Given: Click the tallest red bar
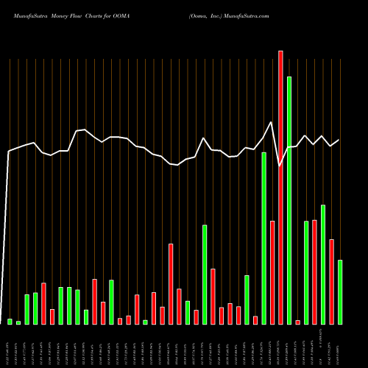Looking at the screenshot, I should pos(280,188).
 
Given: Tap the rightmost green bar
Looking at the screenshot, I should pos(340,291).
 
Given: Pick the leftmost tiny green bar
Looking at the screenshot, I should pos(10,321).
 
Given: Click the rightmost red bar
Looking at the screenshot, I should pos(331,281).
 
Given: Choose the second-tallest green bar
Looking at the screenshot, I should pos(263,238).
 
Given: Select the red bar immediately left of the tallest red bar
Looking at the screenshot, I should pos(272,272).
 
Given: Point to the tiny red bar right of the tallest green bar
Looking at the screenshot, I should pos(297,322).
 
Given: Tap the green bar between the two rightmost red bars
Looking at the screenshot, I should pos(323,264).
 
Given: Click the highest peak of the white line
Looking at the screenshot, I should pos(272,122).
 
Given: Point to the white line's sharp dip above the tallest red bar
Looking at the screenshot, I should pos(280,166).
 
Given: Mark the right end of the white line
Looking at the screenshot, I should pos(339,140).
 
